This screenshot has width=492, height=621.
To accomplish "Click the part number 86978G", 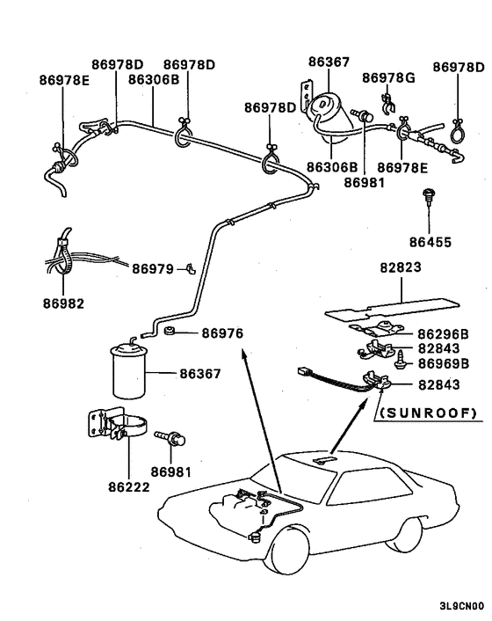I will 387,77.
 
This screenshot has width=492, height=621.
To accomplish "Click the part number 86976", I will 222,332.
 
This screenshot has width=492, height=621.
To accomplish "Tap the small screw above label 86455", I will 428,197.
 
